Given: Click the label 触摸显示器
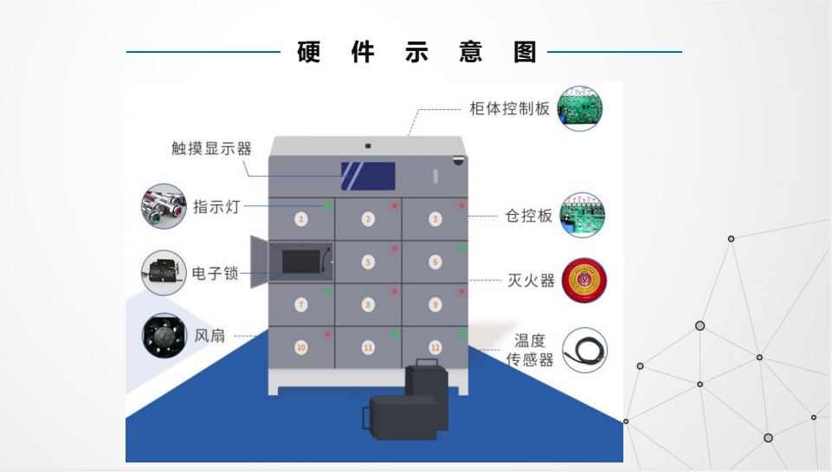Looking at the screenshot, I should (211, 148).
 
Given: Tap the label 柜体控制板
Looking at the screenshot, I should (510, 109).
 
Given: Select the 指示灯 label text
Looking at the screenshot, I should (215, 206).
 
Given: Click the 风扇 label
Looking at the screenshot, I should (210, 335).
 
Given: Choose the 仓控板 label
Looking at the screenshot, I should (528, 216).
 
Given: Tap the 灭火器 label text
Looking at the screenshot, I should (531, 281).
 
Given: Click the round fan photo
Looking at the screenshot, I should (164, 336).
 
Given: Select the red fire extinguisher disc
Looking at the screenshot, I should (584, 281).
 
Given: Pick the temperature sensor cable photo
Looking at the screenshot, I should (584, 350).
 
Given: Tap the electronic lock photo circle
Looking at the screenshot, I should (164, 273).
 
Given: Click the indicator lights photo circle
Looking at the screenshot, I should (164, 206).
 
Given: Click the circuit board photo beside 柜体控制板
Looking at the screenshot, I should (579, 108).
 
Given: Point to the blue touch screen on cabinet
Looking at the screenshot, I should (368, 177).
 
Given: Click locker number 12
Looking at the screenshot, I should (435, 347).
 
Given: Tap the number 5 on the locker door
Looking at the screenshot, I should (368, 261).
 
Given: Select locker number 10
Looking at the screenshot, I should (301, 347).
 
